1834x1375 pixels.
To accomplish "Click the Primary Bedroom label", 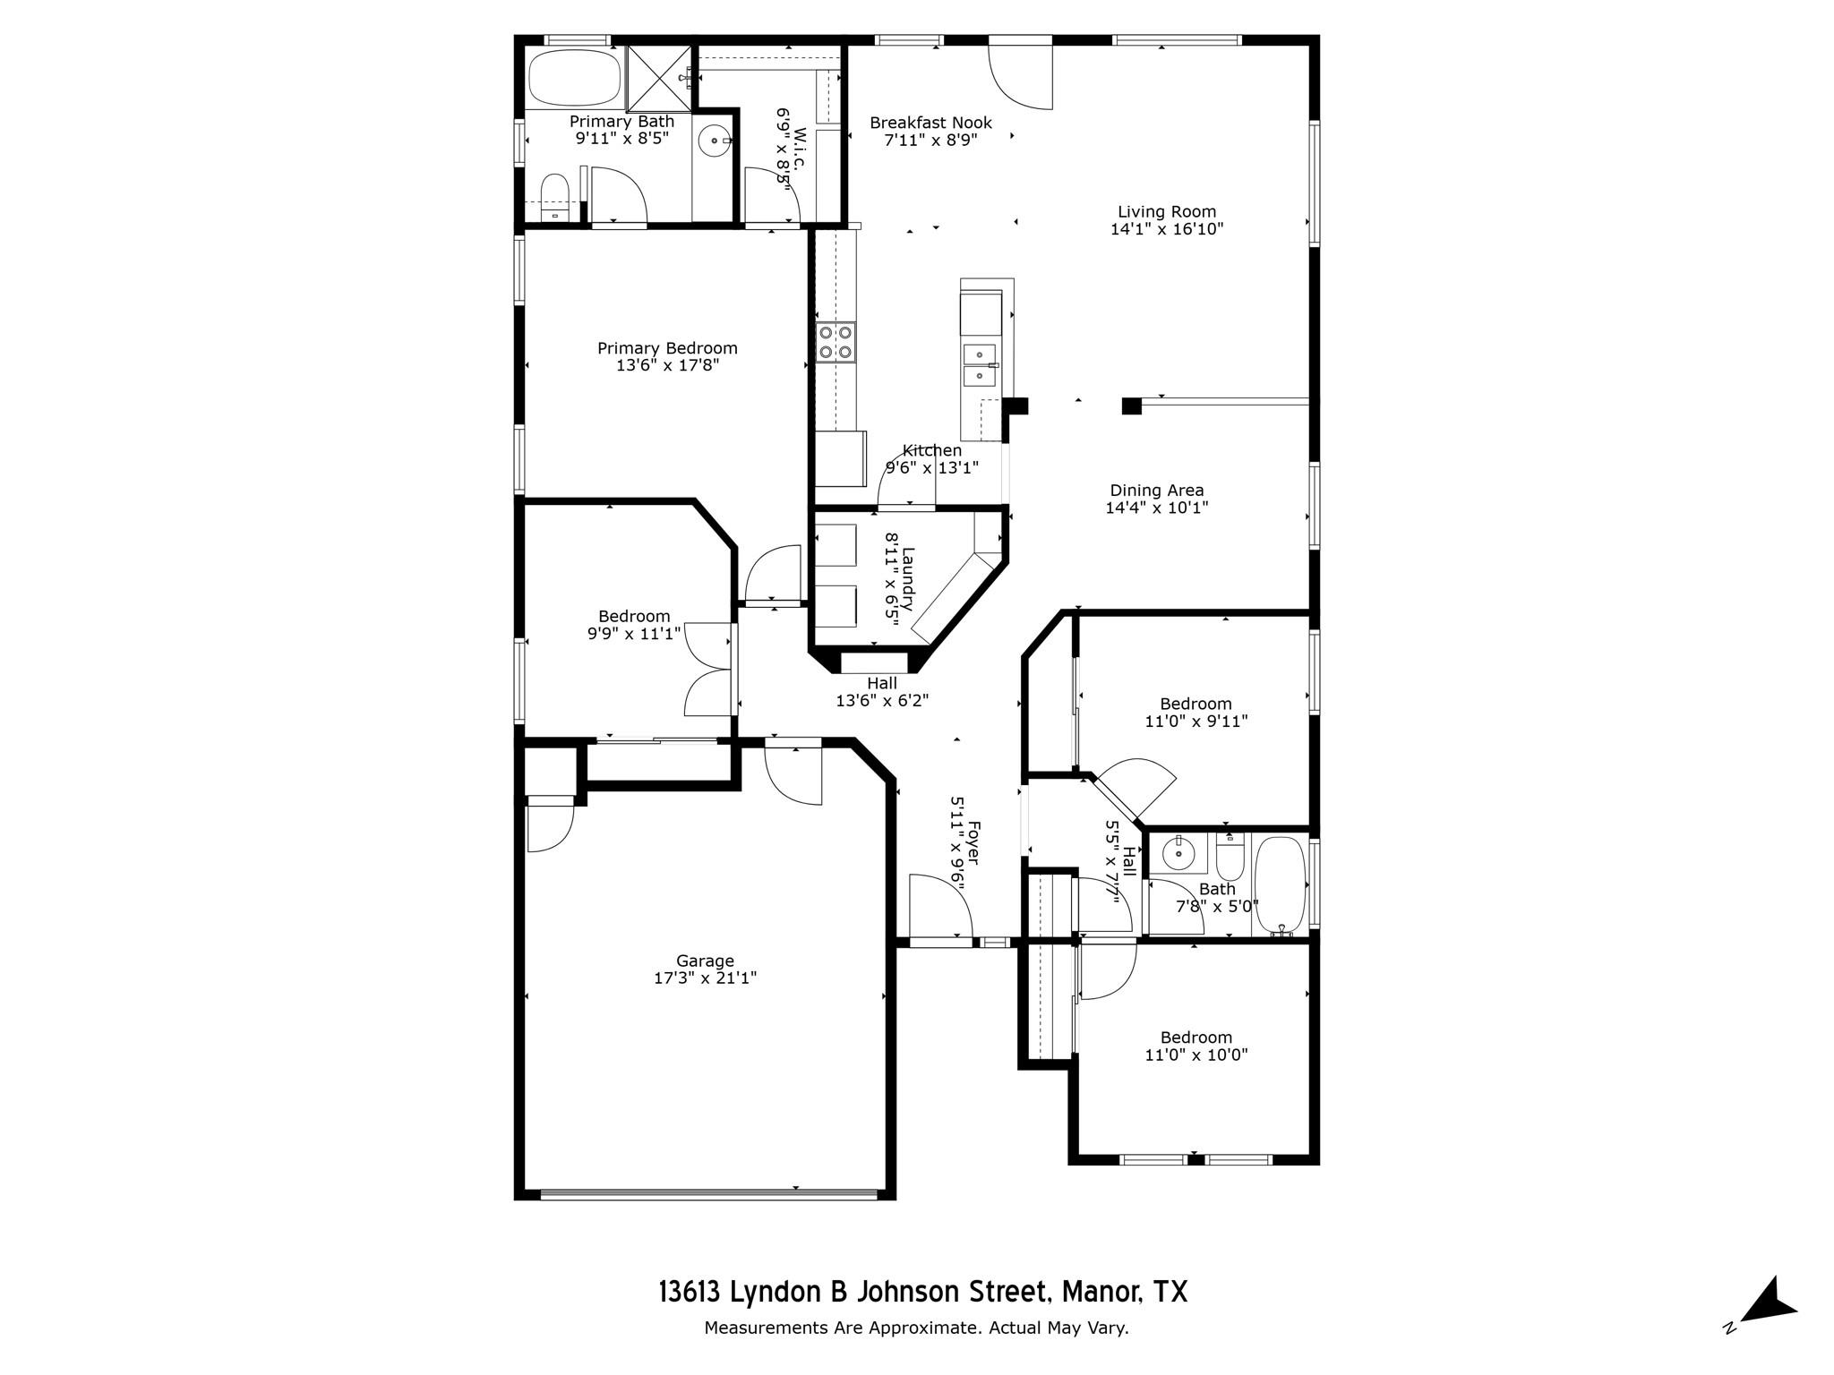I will coord(667,348).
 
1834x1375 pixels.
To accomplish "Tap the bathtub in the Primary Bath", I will coord(574,78).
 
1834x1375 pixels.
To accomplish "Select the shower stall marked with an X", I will coord(660,77).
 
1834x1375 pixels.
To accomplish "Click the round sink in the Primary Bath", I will coord(715,141).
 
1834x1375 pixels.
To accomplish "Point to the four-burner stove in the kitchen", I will coord(835,341).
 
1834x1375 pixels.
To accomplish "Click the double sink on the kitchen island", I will coord(979,365).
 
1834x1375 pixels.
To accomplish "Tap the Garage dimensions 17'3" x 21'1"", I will coord(705,978).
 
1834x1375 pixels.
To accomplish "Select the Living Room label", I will coord(1166,212).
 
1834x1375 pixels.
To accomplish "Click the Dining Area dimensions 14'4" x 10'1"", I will coord(1157,508).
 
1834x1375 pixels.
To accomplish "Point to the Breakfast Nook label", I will coord(930,123).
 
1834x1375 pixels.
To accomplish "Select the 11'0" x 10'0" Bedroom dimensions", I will coord(1196,1055).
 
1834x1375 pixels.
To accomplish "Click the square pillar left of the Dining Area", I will coord(1131,406).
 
